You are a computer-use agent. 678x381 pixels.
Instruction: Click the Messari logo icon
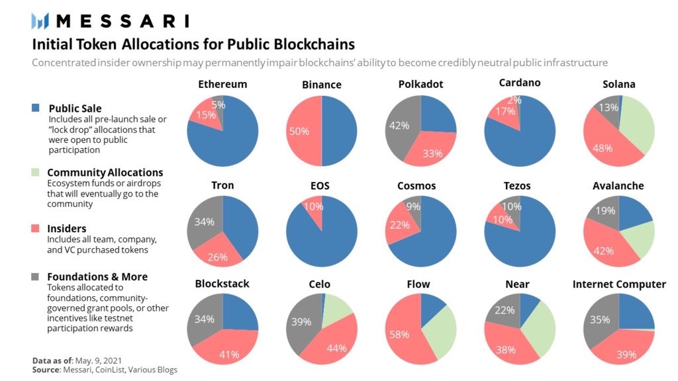tap(42, 21)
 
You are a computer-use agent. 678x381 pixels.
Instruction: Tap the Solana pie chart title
tap(619, 84)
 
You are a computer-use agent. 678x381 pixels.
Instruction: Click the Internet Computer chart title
tap(619, 284)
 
